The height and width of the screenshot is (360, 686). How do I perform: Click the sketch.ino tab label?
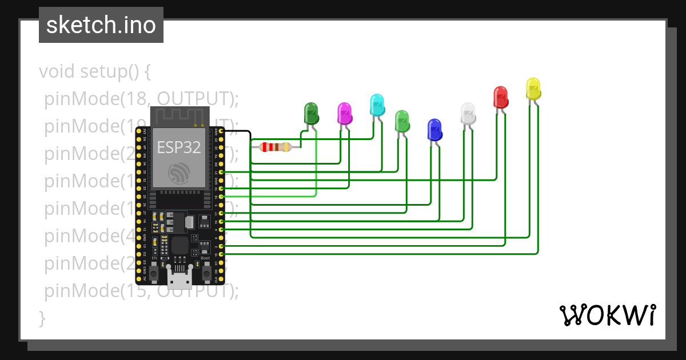(101, 25)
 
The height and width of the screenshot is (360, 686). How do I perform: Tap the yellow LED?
(533, 89)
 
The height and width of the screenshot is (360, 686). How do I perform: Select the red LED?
(501, 97)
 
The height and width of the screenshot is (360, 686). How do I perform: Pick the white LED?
(468, 113)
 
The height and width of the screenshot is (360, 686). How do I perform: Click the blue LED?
(434, 130)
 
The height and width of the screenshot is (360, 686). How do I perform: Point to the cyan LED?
(377, 105)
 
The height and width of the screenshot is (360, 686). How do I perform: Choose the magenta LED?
(344, 113)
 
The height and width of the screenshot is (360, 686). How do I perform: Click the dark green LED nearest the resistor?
(311, 113)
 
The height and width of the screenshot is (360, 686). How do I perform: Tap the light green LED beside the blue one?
(402, 121)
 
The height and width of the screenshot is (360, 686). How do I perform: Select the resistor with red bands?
(276, 147)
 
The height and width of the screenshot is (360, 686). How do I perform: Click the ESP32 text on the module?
(179, 147)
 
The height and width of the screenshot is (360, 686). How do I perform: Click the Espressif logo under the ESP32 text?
(179, 173)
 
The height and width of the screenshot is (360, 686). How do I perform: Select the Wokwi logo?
(607, 315)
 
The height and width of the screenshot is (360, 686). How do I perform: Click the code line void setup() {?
(94, 71)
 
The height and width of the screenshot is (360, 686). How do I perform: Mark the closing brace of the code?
(42, 318)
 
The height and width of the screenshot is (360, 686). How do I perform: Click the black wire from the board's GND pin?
(250, 143)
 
